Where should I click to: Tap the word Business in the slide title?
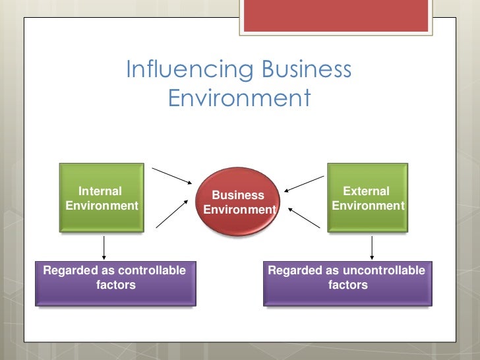pyautogui.click(x=307, y=71)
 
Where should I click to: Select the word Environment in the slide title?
pyautogui.click(x=239, y=98)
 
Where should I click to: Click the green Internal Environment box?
pyautogui.click(x=102, y=197)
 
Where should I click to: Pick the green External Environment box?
pyautogui.click(x=367, y=197)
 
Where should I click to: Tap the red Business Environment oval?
pyautogui.click(x=239, y=202)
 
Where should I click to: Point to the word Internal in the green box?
pyautogui.click(x=100, y=191)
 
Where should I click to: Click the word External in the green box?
pyautogui.click(x=367, y=191)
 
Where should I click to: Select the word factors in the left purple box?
pyautogui.click(x=116, y=285)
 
